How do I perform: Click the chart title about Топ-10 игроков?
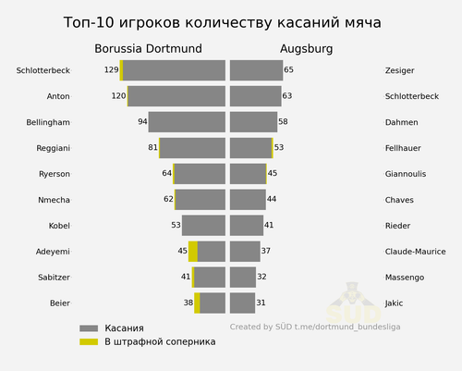pyautogui.click(x=222, y=22)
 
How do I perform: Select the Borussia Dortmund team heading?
pyautogui.click(x=148, y=49)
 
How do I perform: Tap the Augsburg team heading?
pyautogui.click(x=307, y=49)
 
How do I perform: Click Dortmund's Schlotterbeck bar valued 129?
pyautogui.click(x=173, y=70)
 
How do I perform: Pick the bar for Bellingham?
pyautogui.click(x=187, y=122)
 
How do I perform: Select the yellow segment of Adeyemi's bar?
pyautogui.click(x=193, y=252)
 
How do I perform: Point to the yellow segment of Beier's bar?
pyautogui.click(x=197, y=303)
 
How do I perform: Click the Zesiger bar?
pyautogui.click(x=256, y=70)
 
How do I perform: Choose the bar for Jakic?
pyautogui.click(x=242, y=303)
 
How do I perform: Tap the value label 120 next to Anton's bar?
pyautogui.click(x=118, y=96)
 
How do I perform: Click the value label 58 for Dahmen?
pyautogui.click(x=283, y=121)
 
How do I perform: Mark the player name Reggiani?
pyautogui.click(x=54, y=148)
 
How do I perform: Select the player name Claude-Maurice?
pyautogui.click(x=415, y=252)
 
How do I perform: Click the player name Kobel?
pyautogui.click(x=59, y=226)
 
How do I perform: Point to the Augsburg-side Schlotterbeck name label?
pyautogui.click(x=412, y=96)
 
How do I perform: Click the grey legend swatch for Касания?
pyautogui.click(x=89, y=328)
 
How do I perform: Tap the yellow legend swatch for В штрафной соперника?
pyautogui.click(x=89, y=342)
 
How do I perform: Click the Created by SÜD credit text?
pyautogui.click(x=315, y=327)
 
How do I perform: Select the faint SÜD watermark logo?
pyautogui.click(x=354, y=303)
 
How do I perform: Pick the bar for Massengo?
pyautogui.click(x=243, y=278)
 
